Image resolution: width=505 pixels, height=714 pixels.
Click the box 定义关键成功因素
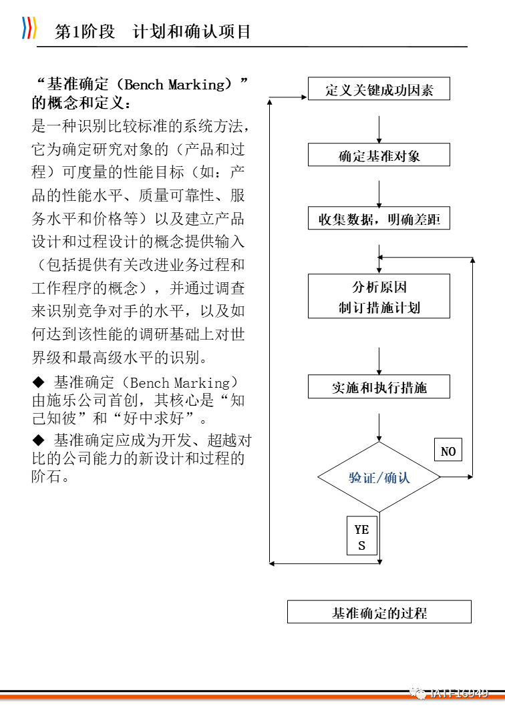379,89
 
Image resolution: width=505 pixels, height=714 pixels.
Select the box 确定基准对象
379,155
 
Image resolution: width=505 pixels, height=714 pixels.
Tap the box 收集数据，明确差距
379,219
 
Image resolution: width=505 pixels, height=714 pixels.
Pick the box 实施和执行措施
379,387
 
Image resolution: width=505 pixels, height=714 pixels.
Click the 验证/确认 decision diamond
379,477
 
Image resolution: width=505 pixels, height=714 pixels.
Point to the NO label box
448,452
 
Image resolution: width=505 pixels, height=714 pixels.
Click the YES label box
361,537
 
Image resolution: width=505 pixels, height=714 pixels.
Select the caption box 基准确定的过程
379,612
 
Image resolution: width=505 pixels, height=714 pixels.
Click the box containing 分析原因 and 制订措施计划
379,296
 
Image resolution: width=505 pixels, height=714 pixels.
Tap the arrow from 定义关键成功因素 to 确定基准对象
379,128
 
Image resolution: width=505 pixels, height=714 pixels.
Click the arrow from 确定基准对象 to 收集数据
379,194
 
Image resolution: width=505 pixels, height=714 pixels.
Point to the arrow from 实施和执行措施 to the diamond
379,426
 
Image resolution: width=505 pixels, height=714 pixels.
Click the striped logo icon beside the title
29,28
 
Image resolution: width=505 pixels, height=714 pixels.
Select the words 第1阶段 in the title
85,31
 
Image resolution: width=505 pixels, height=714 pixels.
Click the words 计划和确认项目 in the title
192,31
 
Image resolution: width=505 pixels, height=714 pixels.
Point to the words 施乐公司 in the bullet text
88,401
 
